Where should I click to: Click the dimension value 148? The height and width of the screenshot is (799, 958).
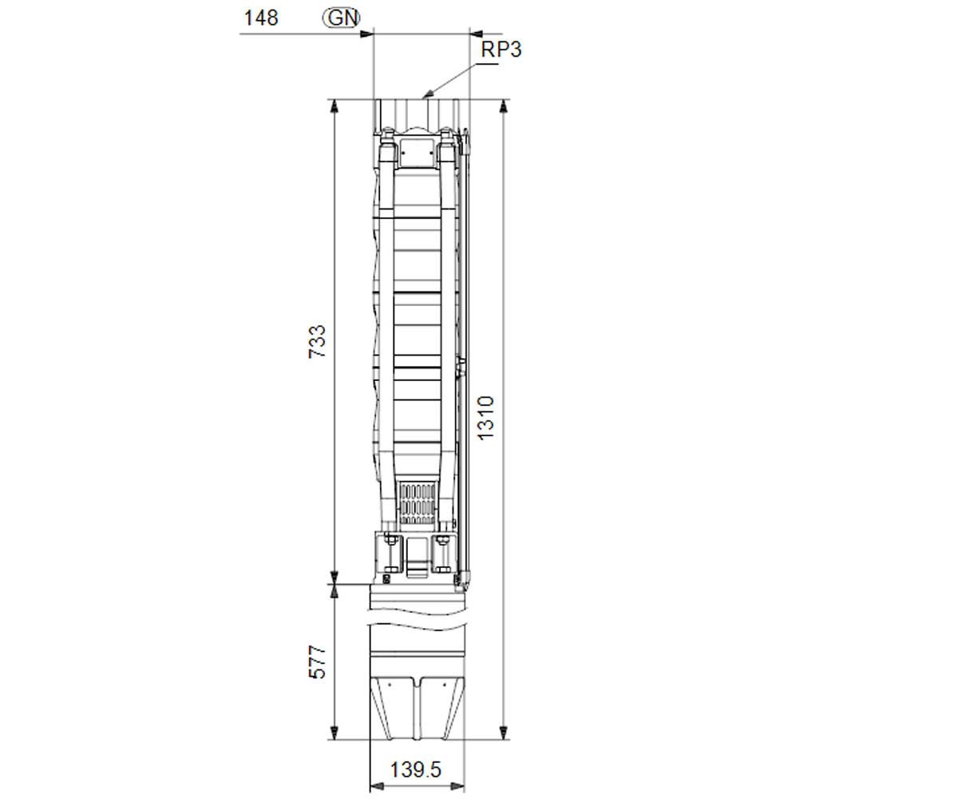pos(260,18)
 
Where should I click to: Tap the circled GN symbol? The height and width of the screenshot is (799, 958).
pos(342,18)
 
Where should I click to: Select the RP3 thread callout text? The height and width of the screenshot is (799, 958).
pos(501,49)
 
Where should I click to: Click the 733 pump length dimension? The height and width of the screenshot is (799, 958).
pos(317,342)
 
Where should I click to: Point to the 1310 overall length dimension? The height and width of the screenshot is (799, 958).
pos(485,419)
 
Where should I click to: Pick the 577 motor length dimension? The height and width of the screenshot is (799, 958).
pos(317,662)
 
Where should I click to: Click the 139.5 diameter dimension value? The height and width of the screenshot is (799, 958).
pos(416,770)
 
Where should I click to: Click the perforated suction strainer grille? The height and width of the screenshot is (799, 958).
pos(418,503)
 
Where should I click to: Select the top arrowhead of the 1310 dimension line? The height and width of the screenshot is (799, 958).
pos(504,105)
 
